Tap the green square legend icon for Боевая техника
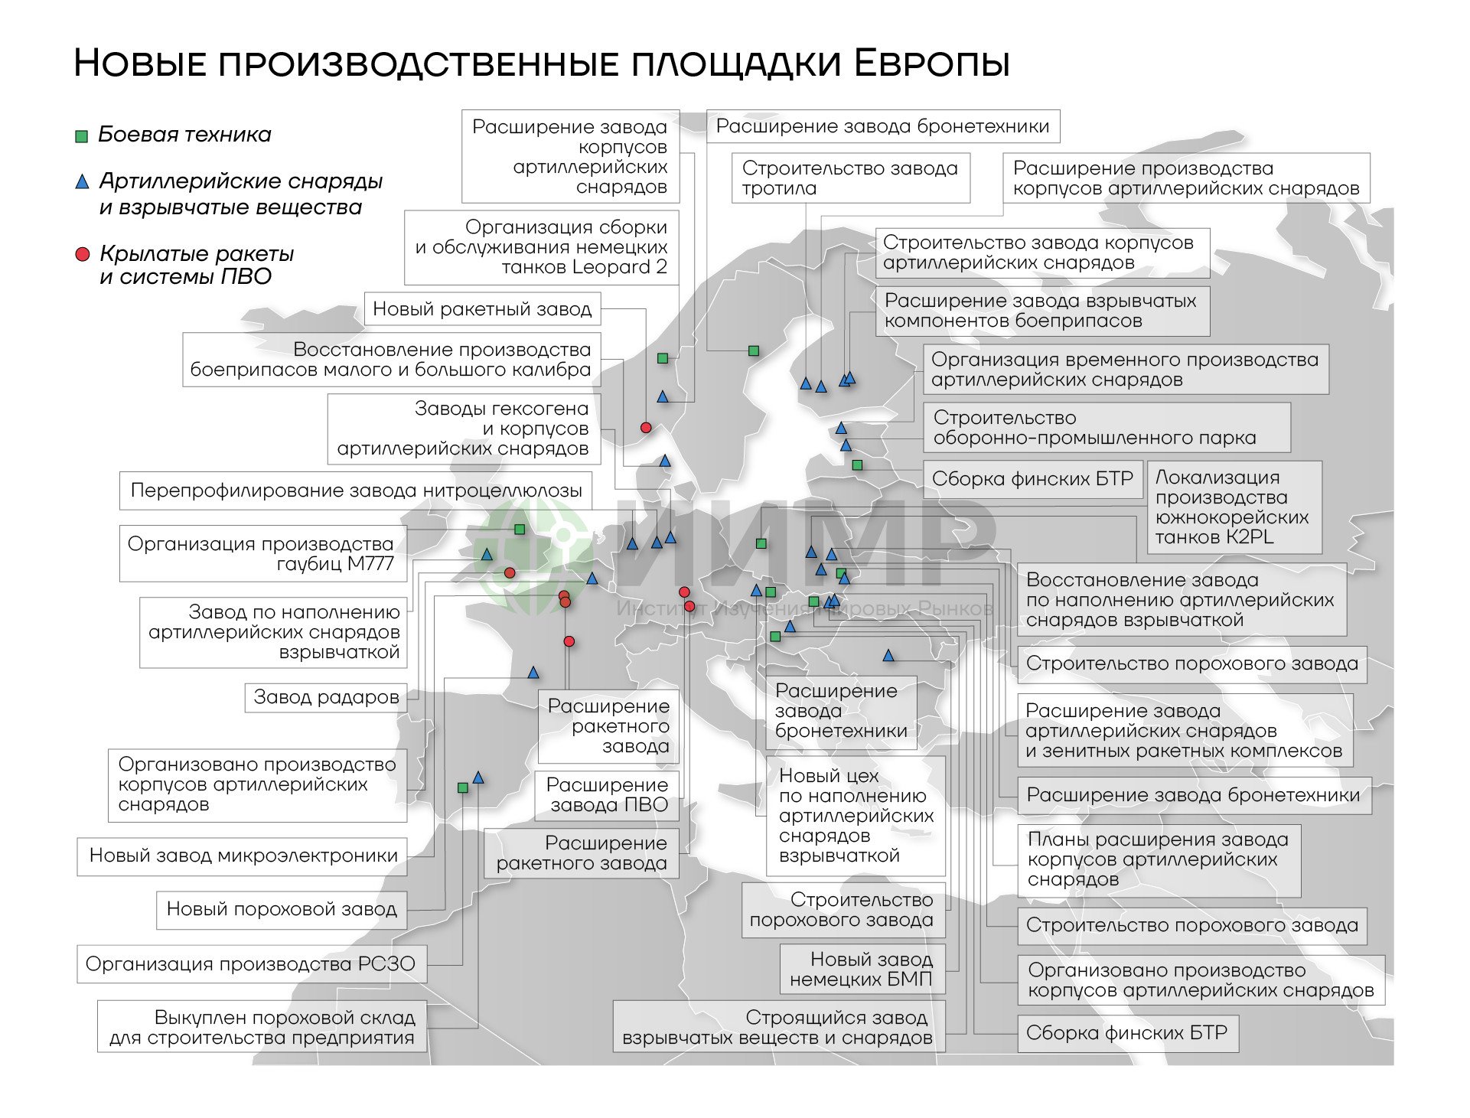pos(82,136)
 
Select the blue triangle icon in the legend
pos(82,182)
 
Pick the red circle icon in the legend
pos(83,254)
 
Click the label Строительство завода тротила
pos(850,178)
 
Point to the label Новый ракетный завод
pos(482,309)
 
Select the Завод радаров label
pos(326,697)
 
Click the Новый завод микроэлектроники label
pos(243,856)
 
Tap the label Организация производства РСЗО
pos(251,964)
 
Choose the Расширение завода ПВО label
pos(607,795)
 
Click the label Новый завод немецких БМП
pos(862,970)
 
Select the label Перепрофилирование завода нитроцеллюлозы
pos(356,491)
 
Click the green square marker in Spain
pos(462,787)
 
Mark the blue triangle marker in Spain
pos(478,777)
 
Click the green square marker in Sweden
pos(753,350)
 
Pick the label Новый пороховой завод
pos(282,909)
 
